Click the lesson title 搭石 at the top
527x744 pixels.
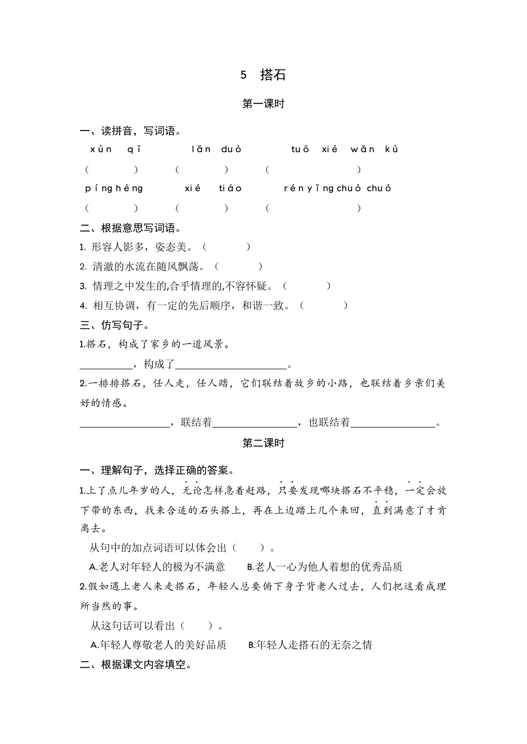(x=273, y=75)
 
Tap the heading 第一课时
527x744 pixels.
(x=263, y=104)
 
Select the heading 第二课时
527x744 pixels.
(x=263, y=443)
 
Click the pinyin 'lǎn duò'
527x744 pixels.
(x=216, y=149)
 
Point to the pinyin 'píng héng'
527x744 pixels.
(x=114, y=188)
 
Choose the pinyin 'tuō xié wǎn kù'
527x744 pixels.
(x=344, y=149)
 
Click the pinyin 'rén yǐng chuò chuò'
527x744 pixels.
(x=337, y=188)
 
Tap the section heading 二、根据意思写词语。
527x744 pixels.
(x=131, y=228)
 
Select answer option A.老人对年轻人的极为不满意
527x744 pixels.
(x=157, y=567)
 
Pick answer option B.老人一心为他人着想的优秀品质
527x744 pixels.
(x=324, y=567)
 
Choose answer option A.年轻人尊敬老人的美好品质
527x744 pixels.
(x=158, y=645)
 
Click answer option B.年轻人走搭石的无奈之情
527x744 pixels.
(x=310, y=645)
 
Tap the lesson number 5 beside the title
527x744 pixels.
(x=243, y=75)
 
